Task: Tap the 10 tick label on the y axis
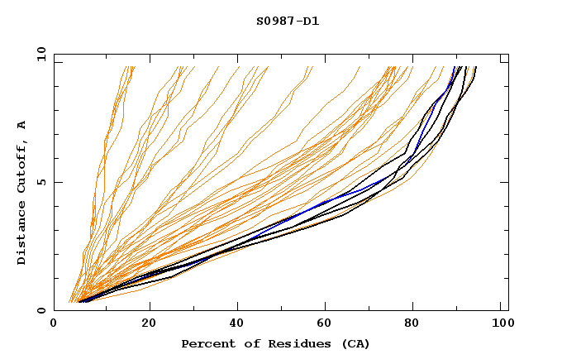click(39, 54)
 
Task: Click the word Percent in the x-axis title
click(206, 343)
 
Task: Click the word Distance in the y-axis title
click(21, 236)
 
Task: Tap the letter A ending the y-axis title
click(21, 124)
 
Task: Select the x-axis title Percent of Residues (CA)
click(276, 343)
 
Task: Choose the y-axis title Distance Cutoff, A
click(21, 192)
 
